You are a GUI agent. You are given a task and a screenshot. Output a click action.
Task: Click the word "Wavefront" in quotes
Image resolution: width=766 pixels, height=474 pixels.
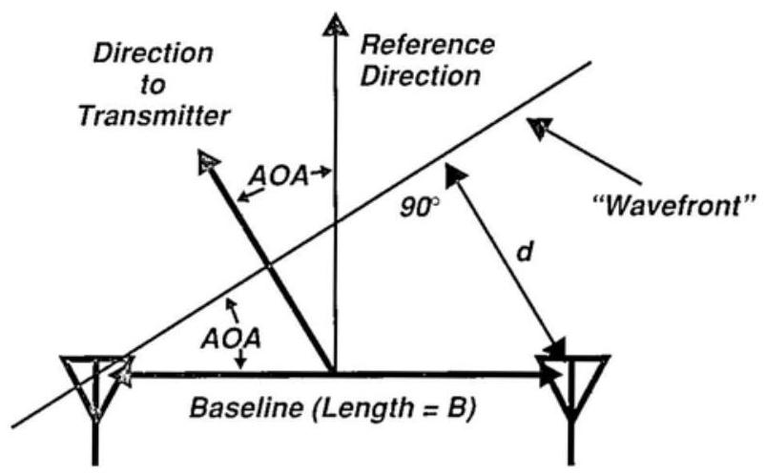click(673, 204)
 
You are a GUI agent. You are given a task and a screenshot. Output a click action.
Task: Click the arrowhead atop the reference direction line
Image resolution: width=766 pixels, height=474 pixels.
click(333, 24)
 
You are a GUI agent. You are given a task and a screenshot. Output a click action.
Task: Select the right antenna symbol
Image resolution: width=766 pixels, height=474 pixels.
click(573, 386)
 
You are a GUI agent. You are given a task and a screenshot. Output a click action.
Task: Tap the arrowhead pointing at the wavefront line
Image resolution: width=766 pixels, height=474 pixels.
click(541, 128)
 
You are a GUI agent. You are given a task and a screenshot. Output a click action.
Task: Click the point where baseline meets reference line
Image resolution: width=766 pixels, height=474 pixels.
click(333, 372)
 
